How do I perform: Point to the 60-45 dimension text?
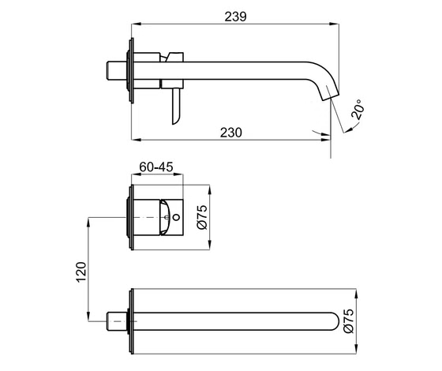click(156, 168)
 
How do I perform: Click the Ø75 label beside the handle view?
click(201, 215)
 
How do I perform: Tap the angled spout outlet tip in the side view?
click(331, 96)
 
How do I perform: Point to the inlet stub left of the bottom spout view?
click(116, 320)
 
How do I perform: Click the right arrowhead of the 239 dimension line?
click(336, 27)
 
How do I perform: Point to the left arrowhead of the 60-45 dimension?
click(133, 178)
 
